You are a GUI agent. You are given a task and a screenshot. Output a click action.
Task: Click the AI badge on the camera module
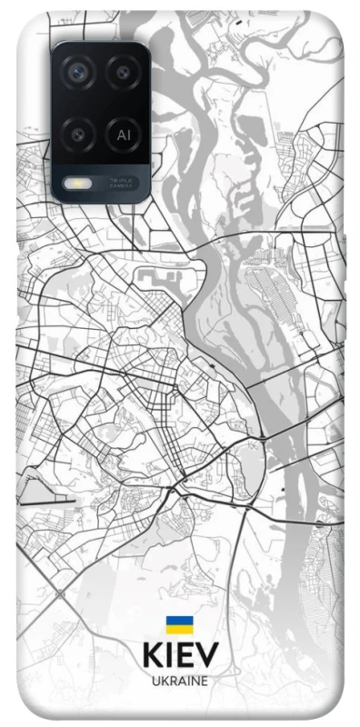[x=123, y=134]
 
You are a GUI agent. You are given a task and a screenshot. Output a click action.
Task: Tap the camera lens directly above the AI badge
[x=123, y=72]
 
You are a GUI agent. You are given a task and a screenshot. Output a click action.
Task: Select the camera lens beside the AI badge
[x=78, y=134]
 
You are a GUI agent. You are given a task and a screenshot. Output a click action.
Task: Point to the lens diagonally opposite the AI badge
[x=78, y=72]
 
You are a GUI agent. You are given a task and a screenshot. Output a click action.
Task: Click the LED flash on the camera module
[x=73, y=182]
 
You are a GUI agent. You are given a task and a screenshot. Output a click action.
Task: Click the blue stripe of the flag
[x=179, y=621]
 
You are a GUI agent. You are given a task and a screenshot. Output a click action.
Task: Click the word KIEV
[x=180, y=656]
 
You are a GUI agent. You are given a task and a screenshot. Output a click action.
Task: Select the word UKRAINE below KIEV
[x=180, y=680]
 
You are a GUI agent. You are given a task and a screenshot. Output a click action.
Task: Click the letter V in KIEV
[x=207, y=656]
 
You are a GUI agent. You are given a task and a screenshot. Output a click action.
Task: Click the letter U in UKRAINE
[x=155, y=680]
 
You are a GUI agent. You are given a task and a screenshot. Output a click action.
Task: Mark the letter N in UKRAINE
[x=195, y=680]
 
